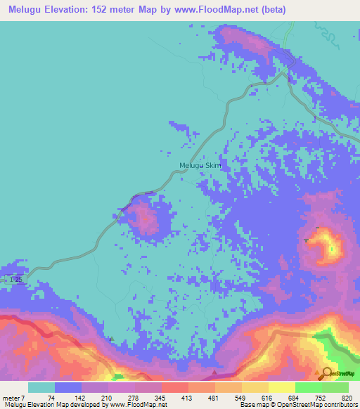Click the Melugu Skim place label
pos(200,166)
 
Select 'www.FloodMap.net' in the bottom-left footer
pos(134,405)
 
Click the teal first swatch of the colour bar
pos(41,388)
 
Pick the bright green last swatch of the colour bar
pos(335,388)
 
